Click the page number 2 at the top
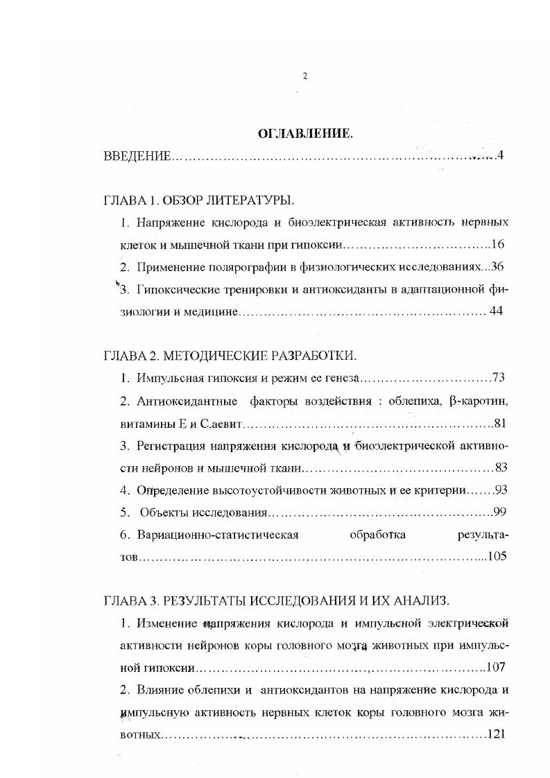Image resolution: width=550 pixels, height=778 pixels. click(304, 76)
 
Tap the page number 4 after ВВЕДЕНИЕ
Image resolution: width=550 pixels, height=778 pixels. click(500, 156)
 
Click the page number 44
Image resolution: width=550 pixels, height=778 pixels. click(496, 311)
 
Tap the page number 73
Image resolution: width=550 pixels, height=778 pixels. click(498, 378)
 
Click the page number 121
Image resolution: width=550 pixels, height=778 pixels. click(499, 734)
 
